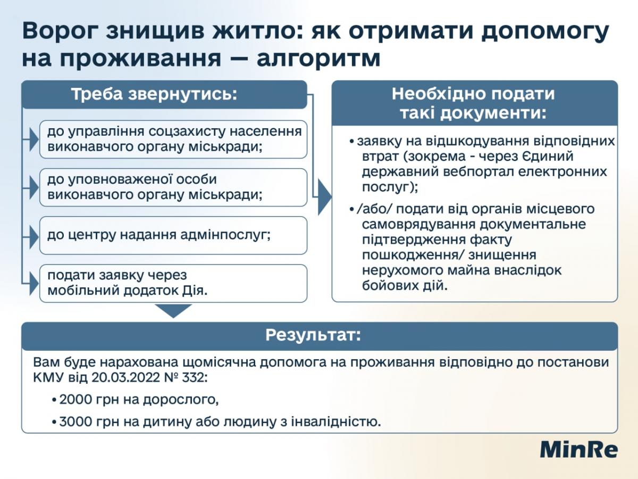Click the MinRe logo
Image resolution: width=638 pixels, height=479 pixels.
tap(579, 450)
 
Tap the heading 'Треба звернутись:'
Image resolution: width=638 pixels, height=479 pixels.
tap(154, 94)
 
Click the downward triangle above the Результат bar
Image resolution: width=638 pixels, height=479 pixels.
tap(173, 310)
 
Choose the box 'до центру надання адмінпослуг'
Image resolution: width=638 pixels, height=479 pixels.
tap(173, 235)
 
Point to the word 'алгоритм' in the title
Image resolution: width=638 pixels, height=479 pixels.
tap(318, 59)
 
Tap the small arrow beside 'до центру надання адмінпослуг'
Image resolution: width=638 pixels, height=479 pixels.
tap(33, 235)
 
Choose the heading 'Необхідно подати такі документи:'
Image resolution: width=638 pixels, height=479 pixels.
tap(473, 103)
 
